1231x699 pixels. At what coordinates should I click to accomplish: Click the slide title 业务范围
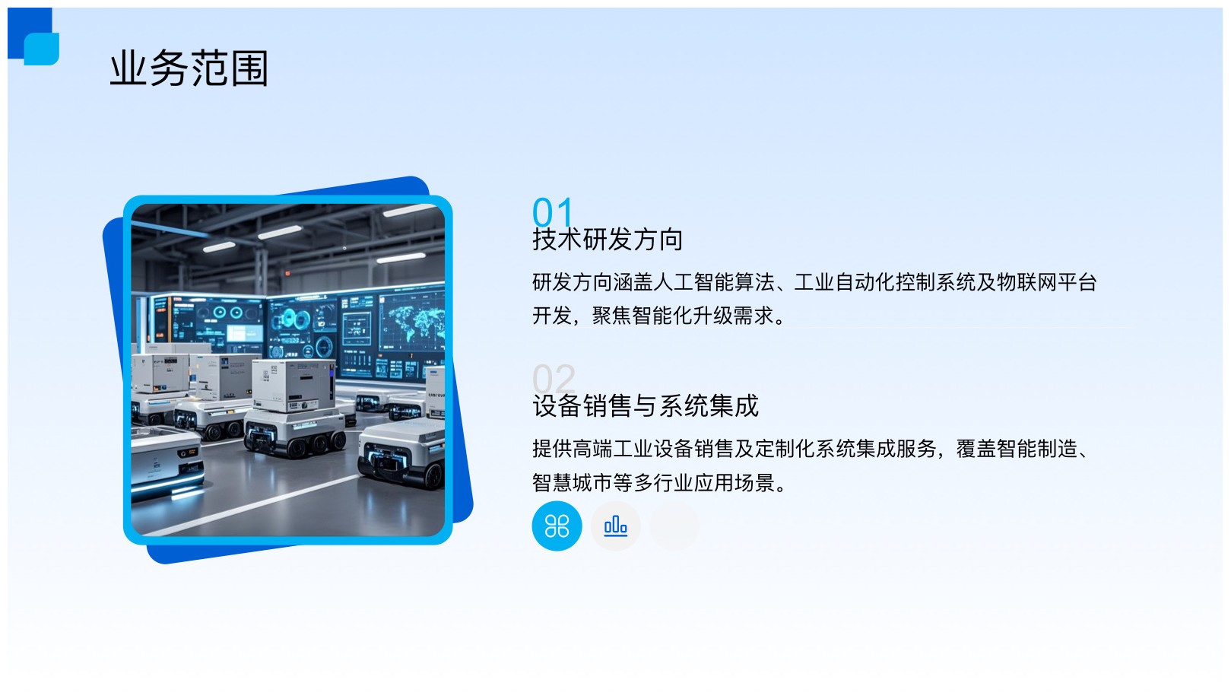(x=189, y=68)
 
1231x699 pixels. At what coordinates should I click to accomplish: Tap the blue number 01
(x=552, y=211)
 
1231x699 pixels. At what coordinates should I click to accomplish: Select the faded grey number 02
(x=554, y=379)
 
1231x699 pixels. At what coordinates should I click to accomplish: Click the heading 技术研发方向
(x=608, y=240)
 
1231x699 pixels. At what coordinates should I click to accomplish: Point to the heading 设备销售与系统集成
(x=646, y=406)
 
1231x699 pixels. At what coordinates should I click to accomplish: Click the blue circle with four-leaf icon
(x=557, y=526)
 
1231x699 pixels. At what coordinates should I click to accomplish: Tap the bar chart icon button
(x=616, y=526)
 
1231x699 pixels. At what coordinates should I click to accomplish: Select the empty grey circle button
(x=674, y=526)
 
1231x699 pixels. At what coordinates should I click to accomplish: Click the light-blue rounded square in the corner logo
(x=42, y=49)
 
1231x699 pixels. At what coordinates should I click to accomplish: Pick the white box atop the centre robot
(x=293, y=385)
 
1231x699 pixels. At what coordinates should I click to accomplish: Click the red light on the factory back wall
(x=287, y=272)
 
